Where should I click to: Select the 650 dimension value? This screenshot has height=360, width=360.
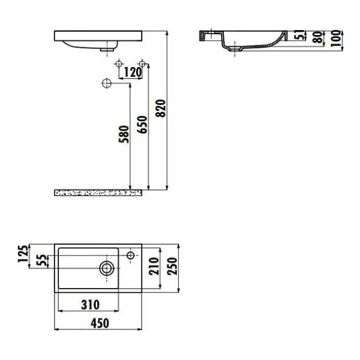point(142,125)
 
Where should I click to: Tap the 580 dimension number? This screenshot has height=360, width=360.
point(124,134)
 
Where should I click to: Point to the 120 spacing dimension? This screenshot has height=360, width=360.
point(133,73)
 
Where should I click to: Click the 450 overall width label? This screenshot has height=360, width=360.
point(100,323)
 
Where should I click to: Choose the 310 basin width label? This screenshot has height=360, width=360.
point(91,305)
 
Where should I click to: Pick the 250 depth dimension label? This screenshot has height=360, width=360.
point(172,266)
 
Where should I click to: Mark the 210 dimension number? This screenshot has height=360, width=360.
point(154,266)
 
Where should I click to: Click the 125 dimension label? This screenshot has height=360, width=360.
point(23,254)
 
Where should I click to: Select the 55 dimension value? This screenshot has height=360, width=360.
point(42,260)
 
